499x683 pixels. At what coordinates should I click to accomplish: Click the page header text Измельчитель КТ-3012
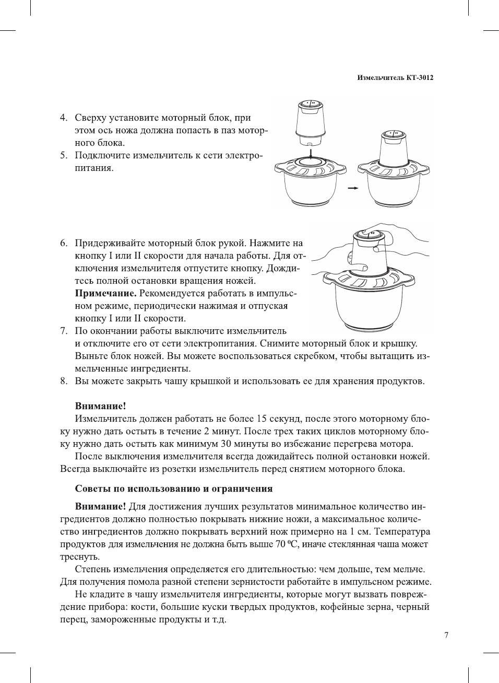tap(395, 78)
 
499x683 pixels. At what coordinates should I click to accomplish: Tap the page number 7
tap(446, 635)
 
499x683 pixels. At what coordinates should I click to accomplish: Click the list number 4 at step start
tap(63, 118)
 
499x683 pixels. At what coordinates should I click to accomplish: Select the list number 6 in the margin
tap(63, 243)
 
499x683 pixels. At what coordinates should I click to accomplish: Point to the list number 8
tap(63, 381)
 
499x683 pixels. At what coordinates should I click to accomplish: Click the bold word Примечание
tap(106, 293)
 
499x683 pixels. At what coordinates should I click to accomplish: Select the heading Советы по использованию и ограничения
tap(174, 489)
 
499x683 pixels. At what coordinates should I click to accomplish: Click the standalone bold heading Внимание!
tap(101, 406)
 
